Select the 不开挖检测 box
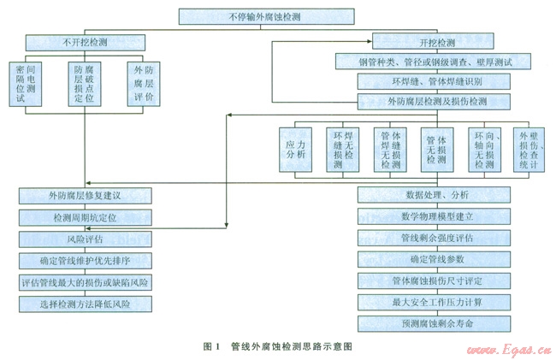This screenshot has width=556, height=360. (85, 41)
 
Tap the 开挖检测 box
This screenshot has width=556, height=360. (434, 41)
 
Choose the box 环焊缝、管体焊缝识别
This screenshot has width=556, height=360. (434, 81)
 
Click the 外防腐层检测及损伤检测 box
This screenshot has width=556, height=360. (434, 102)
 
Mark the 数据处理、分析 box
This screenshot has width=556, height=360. (434, 194)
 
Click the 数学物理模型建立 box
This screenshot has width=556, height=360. (434, 215)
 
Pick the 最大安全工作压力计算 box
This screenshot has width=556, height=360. (434, 302)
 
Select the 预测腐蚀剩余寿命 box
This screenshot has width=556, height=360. (434, 324)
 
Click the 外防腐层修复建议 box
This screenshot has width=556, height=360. (85, 195)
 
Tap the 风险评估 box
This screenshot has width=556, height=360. (85, 239)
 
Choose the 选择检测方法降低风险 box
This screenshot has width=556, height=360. (85, 304)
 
